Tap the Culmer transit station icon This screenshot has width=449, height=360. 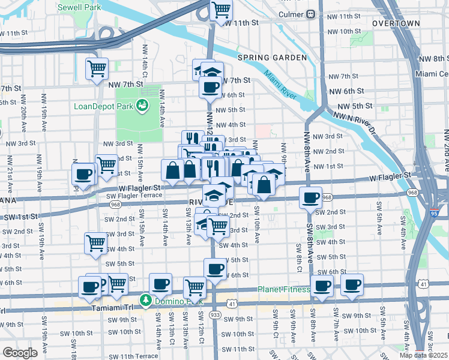click(310, 14)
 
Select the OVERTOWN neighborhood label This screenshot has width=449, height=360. click(395, 23)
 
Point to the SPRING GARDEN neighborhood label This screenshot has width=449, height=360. click(272, 58)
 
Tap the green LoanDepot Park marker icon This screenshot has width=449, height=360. click(142, 106)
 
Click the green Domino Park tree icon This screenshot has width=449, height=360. click(145, 299)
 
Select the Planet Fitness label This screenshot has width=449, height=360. click(283, 289)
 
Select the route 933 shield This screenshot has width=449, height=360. click(214, 314)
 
